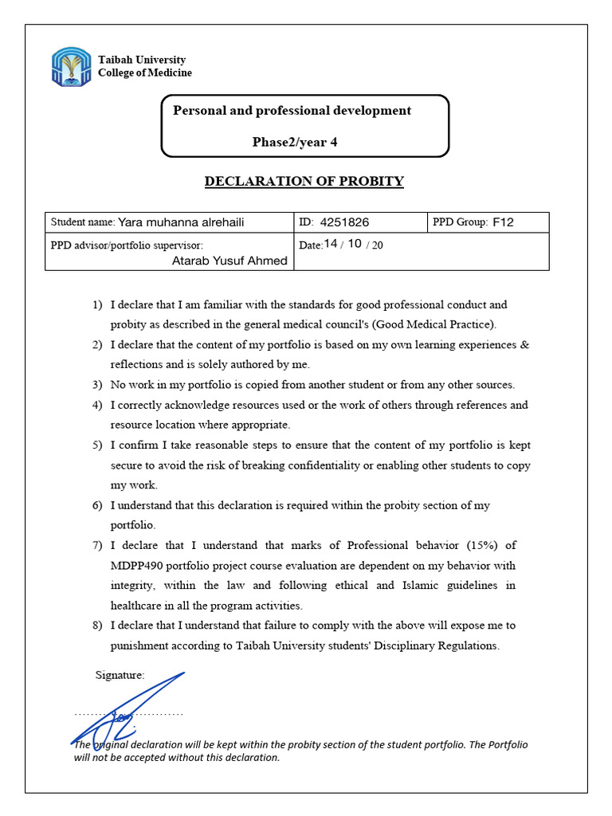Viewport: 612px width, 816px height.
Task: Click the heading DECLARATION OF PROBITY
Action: [x=304, y=181]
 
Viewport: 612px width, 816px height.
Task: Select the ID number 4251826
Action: [x=344, y=222]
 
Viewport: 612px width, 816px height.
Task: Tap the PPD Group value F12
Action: [x=504, y=222]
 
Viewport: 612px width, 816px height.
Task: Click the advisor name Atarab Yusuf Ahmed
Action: [x=229, y=261]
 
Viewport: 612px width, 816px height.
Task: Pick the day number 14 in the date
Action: [x=331, y=244]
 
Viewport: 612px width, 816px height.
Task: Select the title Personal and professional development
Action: [x=292, y=111]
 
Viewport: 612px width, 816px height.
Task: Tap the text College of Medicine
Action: [x=144, y=73]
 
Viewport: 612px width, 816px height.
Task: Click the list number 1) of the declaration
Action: [x=98, y=304]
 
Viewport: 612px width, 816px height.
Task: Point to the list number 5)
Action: [x=98, y=445]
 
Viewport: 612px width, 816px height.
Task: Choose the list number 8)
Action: [x=98, y=626]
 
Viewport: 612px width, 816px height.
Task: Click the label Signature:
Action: [x=120, y=675]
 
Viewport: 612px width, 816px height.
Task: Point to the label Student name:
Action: [x=82, y=222]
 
